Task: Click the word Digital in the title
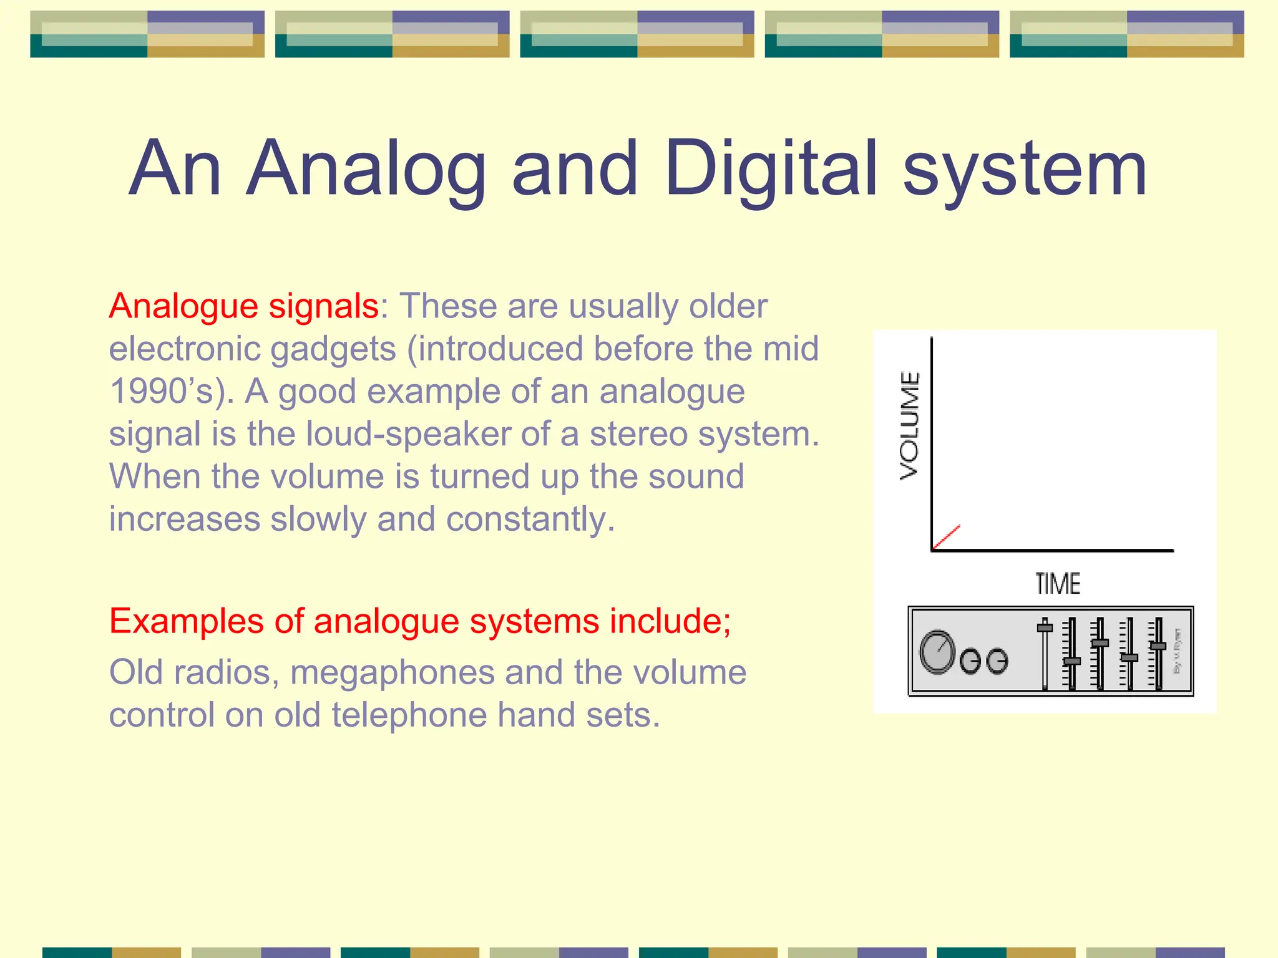tap(771, 168)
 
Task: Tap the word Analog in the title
tap(366, 168)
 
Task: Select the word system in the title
tap(1025, 168)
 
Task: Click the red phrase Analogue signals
tap(244, 306)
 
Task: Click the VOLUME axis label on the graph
tap(910, 425)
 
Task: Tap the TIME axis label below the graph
tap(1058, 584)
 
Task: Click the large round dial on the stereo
tap(937, 652)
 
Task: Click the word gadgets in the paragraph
tap(333, 349)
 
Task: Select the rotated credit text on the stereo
tap(1178, 651)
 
